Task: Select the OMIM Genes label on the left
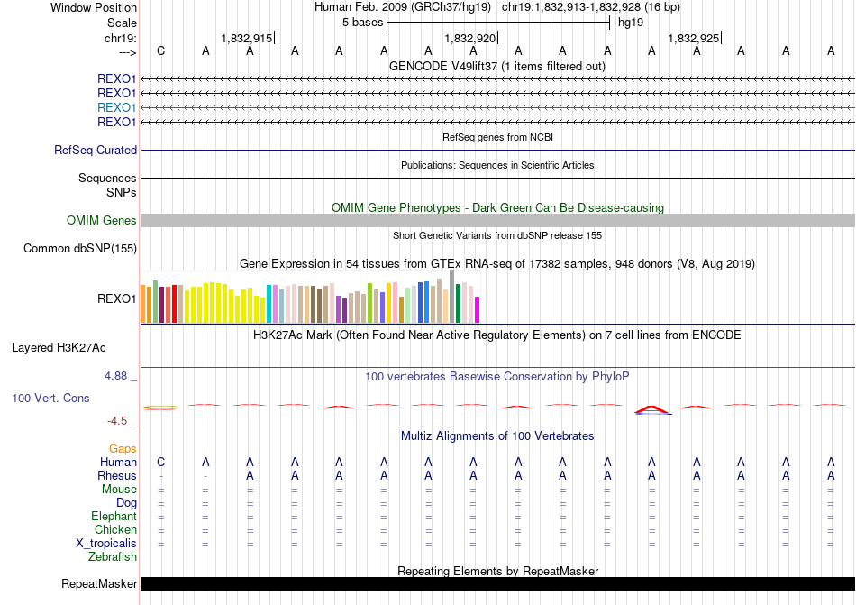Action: pos(102,221)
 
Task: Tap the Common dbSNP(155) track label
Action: pos(80,248)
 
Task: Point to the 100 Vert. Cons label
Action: pos(50,398)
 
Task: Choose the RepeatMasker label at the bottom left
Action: pos(98,584)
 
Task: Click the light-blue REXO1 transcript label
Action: pos(116,107)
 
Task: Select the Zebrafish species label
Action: pos(113,557)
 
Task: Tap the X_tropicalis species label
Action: pos(106,544)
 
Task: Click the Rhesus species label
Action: pos(117,476)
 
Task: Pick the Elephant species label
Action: pos(114,517)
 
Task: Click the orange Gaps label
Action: pos(123,448)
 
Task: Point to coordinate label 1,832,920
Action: pos(469,39)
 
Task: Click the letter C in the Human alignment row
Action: pos(160,463)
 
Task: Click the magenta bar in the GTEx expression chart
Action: pos(478,309)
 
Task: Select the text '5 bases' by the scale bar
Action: pos(362,22)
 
